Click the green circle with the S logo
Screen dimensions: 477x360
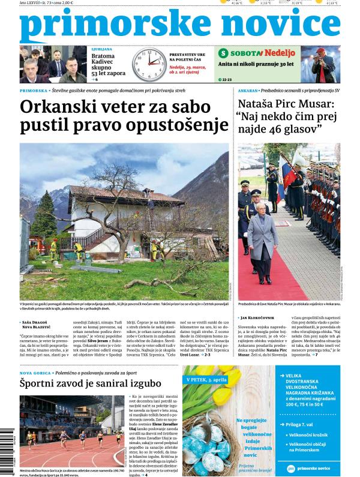pyautogui.click(x=223, y=53)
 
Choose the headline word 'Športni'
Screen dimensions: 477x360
pyautogui.click(x=44, y=383)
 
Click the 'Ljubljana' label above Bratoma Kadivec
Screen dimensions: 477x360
pyautogui.click(x=101, y=49)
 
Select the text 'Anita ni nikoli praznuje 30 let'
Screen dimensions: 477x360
pyautogui.click(x=257, y=64)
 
